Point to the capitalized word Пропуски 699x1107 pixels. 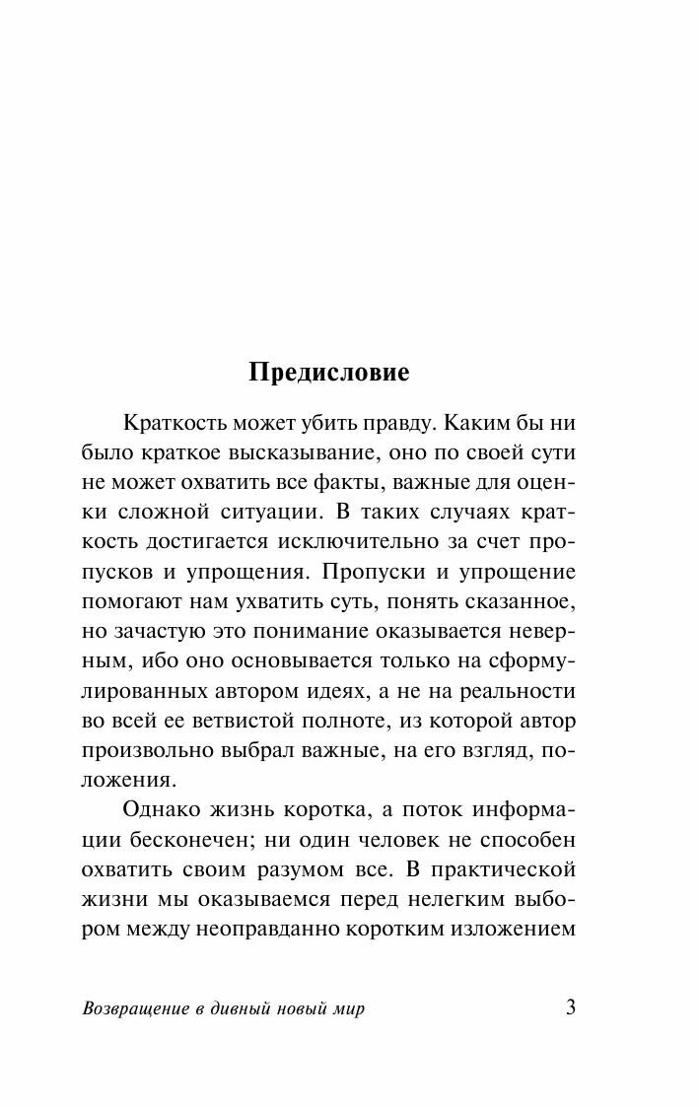[425, 573]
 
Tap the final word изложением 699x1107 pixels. [512, 929]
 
